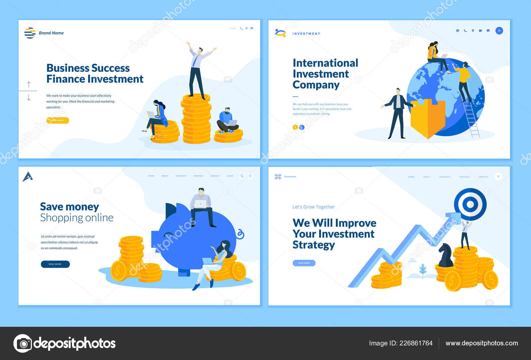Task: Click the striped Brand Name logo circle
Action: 30,33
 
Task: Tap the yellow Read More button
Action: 58,120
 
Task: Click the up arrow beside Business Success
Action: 29,84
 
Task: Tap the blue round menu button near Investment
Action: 499,31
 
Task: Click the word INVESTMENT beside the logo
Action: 306,34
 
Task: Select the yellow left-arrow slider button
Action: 295,127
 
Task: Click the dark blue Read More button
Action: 55,264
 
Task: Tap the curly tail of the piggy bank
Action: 240,234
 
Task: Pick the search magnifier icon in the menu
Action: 242,176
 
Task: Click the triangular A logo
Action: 28,177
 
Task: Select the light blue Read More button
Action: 304,263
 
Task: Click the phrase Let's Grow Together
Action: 313,207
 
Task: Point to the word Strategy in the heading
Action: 314,245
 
